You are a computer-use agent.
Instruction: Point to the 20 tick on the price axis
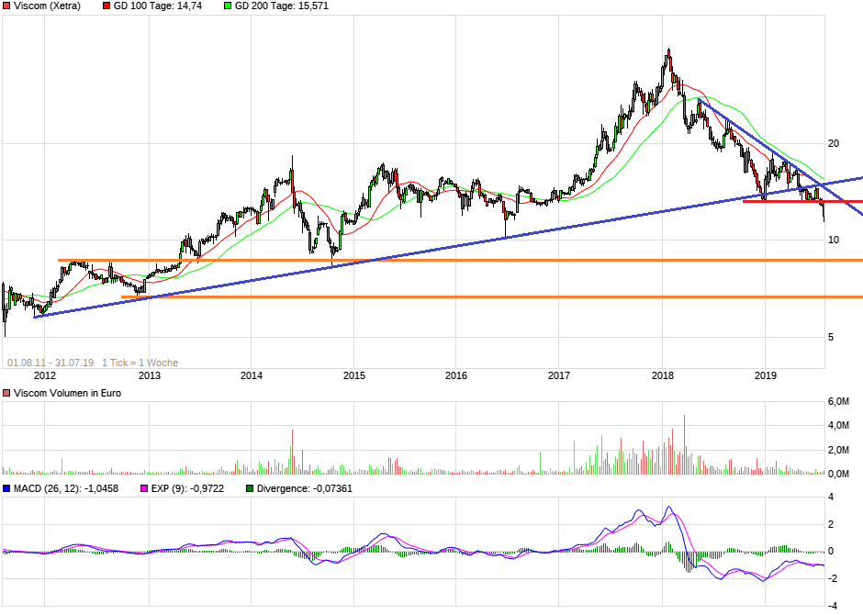point(834,144)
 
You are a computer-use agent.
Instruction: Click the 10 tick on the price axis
point(834,240)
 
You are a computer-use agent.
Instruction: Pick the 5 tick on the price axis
point(832,337)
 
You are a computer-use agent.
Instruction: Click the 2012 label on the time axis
point(45,375)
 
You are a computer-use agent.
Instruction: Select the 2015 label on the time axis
point(354,375)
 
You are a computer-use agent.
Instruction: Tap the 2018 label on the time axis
point(663,375)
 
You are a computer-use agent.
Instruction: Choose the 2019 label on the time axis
point(766,375)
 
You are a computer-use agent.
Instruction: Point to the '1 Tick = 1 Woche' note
point(140,363)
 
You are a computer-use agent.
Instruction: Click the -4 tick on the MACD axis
point(832,606)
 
